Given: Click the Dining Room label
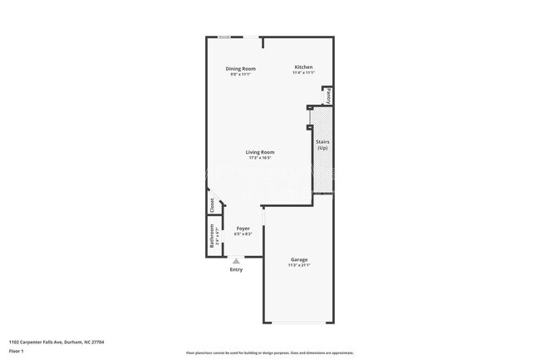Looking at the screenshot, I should tap(241, 68).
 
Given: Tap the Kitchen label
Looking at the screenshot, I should tap(303, 67).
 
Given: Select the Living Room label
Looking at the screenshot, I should tap(260, 152).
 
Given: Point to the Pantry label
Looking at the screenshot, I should tap(328, 96).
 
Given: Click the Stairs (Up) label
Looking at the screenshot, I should tap(323, 145).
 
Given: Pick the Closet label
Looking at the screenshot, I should tap(213, 205).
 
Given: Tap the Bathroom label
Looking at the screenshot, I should tap(212, 239).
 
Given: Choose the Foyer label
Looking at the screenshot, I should tap(243, 228).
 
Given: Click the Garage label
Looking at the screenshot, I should tap(299, 259).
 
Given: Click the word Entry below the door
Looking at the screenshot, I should tap(237, 269).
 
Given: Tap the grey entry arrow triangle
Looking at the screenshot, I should tap(236, 260).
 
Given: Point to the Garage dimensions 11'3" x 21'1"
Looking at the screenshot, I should tap(299, 265).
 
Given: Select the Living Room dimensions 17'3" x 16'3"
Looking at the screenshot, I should tap(260, 158).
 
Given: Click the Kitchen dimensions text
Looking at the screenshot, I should tap(303, 73).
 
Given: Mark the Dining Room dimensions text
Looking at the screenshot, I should tap(241, 74).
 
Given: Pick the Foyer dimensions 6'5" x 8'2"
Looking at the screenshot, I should tap(243, 234).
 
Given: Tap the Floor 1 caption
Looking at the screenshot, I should tap(17, 351).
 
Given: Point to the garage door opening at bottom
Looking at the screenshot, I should tap(299, 323).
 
